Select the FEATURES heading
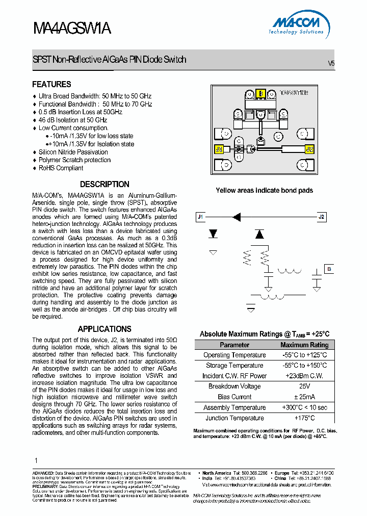click(51, 84)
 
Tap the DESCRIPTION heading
click(104, 184)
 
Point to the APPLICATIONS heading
click(104, 329)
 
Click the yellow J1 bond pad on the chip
click(219, 149)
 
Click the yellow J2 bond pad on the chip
click(308, 149)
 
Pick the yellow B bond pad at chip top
click(260, 93)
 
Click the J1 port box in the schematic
click(200, 217)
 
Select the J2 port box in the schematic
click(321, 217)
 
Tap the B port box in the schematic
click(329, 269)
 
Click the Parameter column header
click(234, 345)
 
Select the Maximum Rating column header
click(305, 345)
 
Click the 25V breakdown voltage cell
click(305, 386)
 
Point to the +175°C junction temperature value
click(305, 418)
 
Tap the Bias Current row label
click(234, 397)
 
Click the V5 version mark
click(331, 64)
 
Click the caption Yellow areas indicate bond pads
click(264, 190)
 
